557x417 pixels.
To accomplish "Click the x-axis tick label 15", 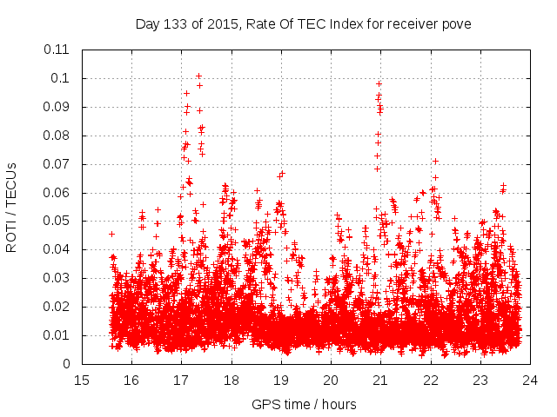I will click(82, 380).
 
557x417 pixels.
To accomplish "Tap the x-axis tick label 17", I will click(181, 380).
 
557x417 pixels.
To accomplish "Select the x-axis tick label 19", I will click(281, 380).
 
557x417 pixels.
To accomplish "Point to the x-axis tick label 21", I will click(380, 380).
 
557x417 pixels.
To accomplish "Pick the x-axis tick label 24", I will click(530, 380).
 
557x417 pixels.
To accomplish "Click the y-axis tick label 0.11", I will click(57, 50).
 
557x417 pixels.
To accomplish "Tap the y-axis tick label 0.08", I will click(57, 136).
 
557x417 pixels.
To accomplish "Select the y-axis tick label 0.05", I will click(57, 221).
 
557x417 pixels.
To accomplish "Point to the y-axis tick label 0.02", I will click(57, 307).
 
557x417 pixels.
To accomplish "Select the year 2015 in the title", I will click(219, 23).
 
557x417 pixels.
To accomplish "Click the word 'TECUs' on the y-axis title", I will click(12, 187).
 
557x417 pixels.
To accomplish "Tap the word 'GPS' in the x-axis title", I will click(265, 404).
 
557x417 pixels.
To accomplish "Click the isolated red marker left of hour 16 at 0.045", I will click(111, 234).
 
